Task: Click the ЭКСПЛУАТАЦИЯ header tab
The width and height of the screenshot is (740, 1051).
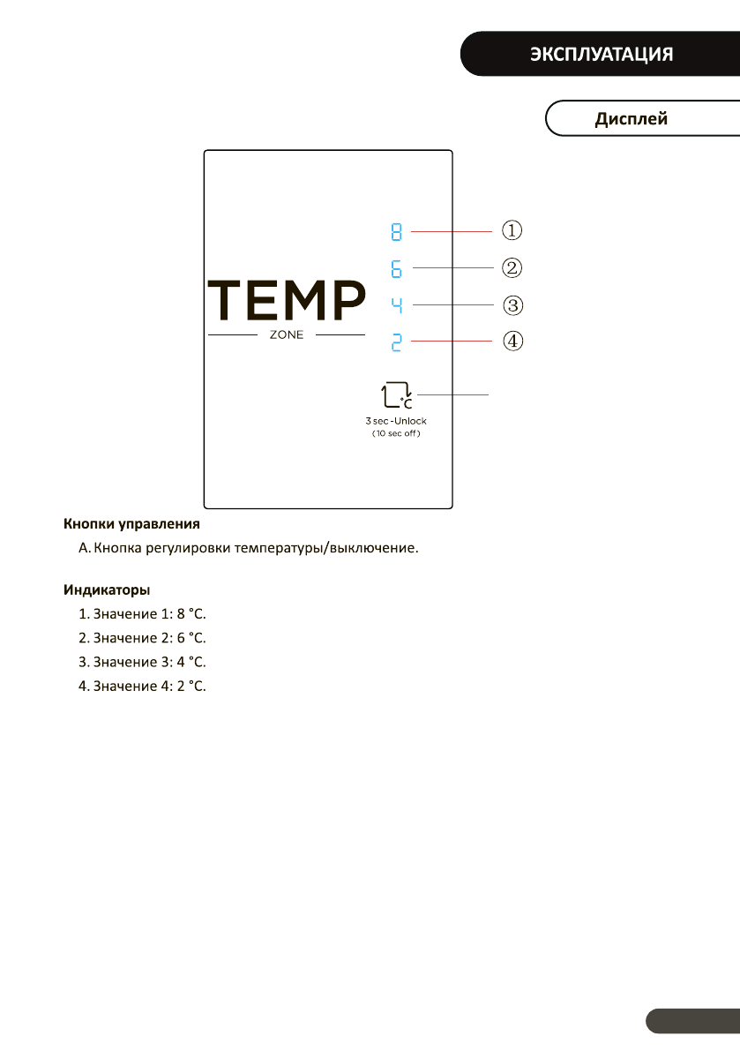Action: click(x=602, y=54)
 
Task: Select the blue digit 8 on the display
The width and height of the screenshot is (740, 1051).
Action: click(x=397, y=233)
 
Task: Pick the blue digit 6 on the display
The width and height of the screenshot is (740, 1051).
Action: click(x=397, y=268)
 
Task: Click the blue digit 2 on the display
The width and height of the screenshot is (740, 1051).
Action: click(x=397, y=342)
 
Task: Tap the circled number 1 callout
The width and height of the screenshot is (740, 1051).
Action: click(x=512, y=230)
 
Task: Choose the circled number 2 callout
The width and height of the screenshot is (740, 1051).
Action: click(x=512, y=267)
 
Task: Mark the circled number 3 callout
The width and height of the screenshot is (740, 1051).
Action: click(x=512, y=305)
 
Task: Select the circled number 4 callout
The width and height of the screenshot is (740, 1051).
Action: click(x=512, y=341)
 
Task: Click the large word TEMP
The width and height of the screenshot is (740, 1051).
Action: click(x=286, y=301)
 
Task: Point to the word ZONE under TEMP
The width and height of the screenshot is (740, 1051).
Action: click(x=286, y=335)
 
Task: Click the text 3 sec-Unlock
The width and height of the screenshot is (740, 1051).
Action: click(x=396, y=422)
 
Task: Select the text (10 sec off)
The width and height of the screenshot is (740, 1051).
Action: click(x=396, y=434)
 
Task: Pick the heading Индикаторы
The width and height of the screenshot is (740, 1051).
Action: click(x=107, y=589)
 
